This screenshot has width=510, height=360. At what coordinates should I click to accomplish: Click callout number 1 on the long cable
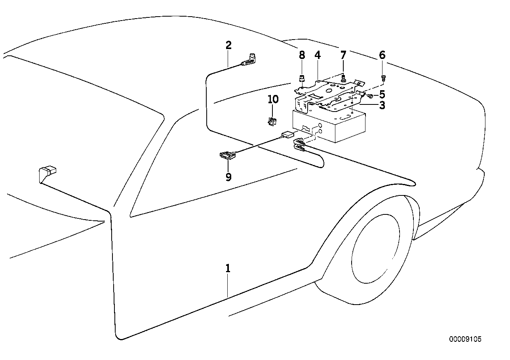coord(228,269)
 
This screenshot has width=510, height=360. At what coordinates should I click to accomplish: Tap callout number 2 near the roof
coord(228,45)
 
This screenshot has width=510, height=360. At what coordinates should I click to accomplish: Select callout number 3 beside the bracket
coord(382,106)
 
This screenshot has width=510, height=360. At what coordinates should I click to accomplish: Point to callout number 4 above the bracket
coord(318,55)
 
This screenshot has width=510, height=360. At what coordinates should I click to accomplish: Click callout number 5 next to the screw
coord(382,95)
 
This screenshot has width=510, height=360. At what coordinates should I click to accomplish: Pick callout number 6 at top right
coord(382,55)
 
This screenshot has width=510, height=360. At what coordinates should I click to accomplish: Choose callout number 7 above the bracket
coord(343,55)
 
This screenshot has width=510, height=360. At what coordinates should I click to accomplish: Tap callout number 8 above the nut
coord(302,55)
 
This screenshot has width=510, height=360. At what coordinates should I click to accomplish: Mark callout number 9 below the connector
coord(228,177)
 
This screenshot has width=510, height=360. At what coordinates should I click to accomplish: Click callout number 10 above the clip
coord(273,99)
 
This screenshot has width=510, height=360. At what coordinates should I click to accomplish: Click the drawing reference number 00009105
coord(465,339)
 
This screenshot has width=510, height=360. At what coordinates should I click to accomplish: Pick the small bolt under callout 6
coord(383,78)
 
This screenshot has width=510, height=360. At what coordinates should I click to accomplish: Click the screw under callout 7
coord(343,77)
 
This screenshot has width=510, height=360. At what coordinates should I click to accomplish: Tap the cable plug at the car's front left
coord(47,173)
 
